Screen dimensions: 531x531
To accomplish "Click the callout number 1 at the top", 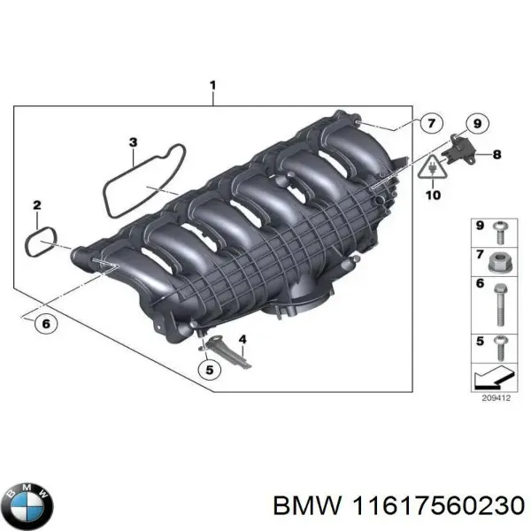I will [x=212, y=86].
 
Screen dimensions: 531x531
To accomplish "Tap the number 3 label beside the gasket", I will [x=132, y=142].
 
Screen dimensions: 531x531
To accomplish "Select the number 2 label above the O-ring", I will [x=36, y=206].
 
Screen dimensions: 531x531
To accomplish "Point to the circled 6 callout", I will [x=45, y=323].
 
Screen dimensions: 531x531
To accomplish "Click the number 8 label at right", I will [x=496, y=154].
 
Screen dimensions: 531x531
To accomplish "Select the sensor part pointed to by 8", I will [x=460, y=148].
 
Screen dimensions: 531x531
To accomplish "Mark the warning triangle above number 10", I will [x=433, y=168].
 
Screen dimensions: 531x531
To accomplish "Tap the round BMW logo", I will [x=29, y=504].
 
